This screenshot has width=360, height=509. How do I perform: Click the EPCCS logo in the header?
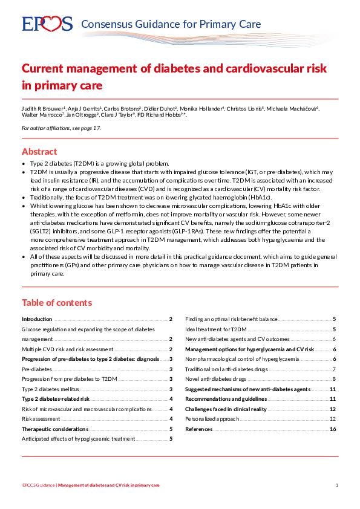click(x=47, y=24)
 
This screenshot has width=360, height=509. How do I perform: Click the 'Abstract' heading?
click(x=39, y=152)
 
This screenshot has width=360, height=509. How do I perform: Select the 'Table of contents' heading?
click(x=57, y=303)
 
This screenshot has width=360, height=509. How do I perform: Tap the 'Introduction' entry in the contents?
click(x=37, y=319)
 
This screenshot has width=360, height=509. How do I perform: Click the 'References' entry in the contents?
click(x=198, y=429)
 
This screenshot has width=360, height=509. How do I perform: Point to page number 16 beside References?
click(x=333, y=429)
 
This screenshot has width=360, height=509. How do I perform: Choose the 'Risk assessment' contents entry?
click(x=41, y=419)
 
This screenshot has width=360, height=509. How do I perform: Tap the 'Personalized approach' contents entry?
click(x=211, y=419)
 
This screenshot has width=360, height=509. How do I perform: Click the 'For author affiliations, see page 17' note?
click(x=61, y=128)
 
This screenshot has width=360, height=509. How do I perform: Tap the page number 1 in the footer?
click(x=336, y=485)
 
